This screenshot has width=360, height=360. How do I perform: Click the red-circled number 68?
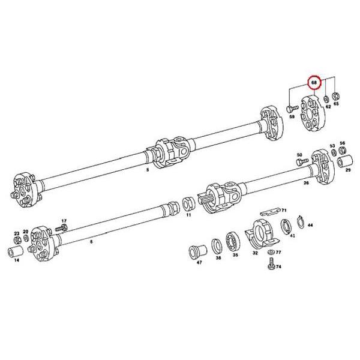click(x=314, y=82)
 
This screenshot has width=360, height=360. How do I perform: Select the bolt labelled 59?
click(x=292, y=108)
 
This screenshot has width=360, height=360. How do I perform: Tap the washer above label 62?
click(x=326, y=99)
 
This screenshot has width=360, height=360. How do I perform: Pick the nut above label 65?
click(x=336, y=95)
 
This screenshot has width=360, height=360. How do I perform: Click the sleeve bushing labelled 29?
click(x=345, y=161)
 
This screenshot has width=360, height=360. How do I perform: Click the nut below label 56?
click(x=342, y=150)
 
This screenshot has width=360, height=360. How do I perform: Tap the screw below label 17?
click(x=61, y=228)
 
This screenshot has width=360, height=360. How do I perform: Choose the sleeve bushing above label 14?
click(x=16, y=251)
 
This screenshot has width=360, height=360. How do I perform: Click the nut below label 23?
click(x=17, y=241)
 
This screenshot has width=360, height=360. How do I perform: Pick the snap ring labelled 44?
click(x=301, y=222)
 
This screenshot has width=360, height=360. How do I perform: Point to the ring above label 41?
click(x=287, y=227)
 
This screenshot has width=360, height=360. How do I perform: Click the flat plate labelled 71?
click(x=271, y=212)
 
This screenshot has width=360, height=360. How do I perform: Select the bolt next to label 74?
click(x=272, y=263)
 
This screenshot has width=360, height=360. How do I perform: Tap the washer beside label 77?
click(x=271, y=252)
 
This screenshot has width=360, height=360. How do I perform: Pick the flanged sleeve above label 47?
click(x=197, y=252)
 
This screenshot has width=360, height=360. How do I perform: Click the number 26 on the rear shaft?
click(x=306, y=183)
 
